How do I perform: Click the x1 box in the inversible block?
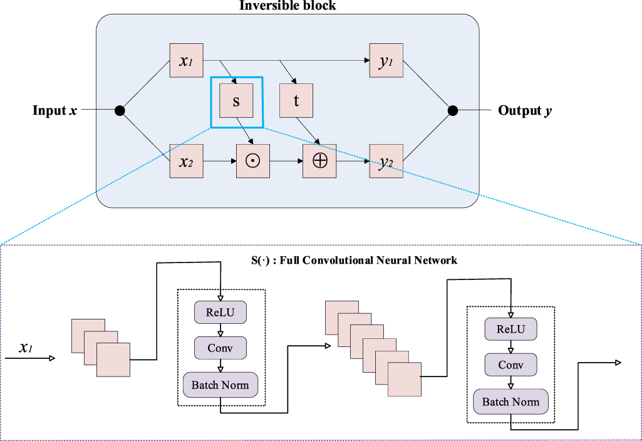[x=186, y=61]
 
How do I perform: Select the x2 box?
[x=186, y=161]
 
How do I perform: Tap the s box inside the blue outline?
[x=236, y=101]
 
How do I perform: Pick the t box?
[x=296, y=101]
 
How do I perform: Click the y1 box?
[x=386, y=61]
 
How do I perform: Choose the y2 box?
[x=386, y=161]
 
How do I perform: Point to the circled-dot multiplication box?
[x=253, y=161]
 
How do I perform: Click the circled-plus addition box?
[x=319, y=161]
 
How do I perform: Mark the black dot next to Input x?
[x=120, y=111]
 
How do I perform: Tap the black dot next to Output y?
[x=452, y=111]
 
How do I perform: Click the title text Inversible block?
[x=287, y=6]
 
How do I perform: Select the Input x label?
[x=55, y=111]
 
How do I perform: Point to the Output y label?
[x=525, y=111]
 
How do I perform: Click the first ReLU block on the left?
[x=220, y=312]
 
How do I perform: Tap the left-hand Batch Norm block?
[x=220, y=385]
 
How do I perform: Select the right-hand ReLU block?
[x=510, y=329]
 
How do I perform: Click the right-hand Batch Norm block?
[x=510, y=402]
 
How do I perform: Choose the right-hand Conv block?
[x=510, y=364]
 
